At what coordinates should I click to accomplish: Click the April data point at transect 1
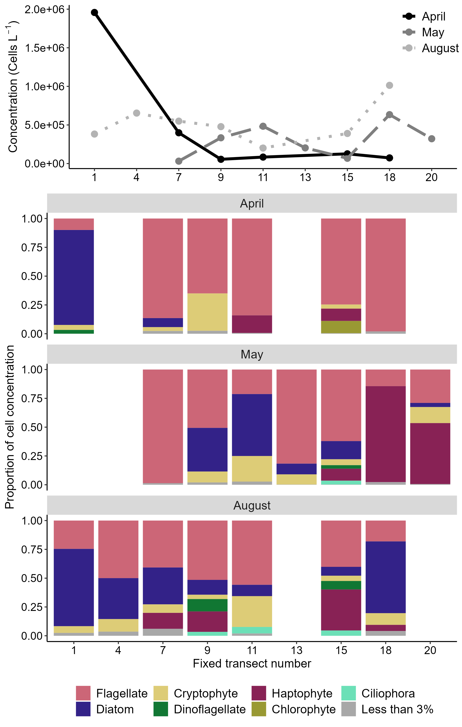click(94, 12)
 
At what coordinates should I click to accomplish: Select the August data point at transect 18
click(389, 85)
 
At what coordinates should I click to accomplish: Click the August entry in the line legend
click(440, 48)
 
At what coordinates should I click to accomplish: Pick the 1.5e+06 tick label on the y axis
click(45, 48)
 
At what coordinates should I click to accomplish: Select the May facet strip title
click(252, 354)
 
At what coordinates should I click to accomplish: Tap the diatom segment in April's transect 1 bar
click(73, 277)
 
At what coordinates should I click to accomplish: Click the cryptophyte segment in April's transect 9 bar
click(207, 312)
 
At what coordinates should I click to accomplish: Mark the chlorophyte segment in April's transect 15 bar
click(341, 327)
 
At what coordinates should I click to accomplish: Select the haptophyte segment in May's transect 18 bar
click(385, 434)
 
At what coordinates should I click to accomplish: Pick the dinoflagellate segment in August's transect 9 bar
click(207, 605)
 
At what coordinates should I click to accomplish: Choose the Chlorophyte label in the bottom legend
click(303, 709)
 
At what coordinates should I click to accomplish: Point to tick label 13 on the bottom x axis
click(296, 650)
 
